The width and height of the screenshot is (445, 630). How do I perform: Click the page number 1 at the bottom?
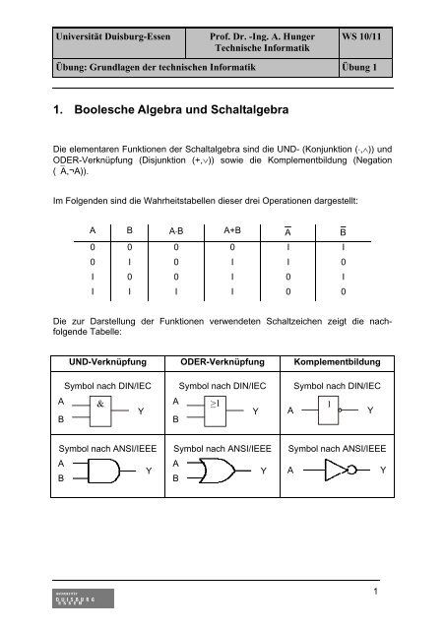click(x=408, y=592)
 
